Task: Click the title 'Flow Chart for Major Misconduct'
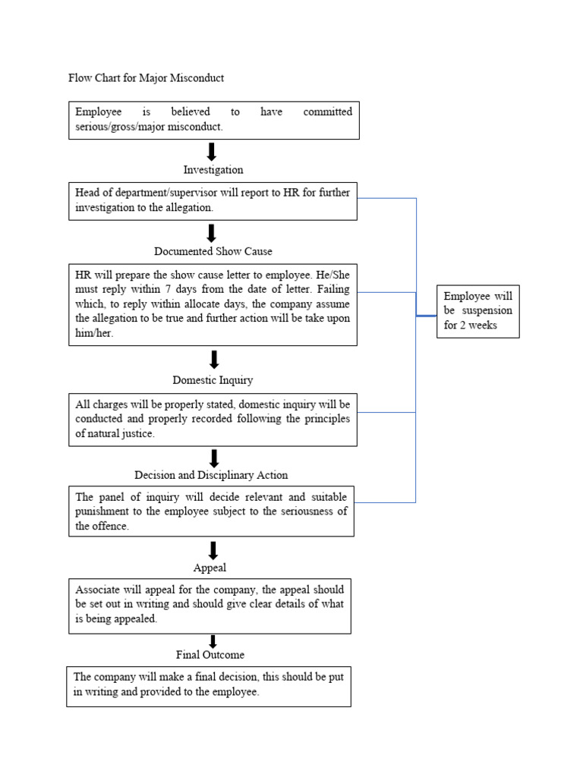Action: pyautogui.click(x=146, y=78)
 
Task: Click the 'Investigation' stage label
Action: pyautogui.click(x=213, y=170)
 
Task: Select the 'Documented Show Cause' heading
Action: pyautogui.click(x=213, y=251)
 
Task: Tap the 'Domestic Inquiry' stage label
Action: pyautogui.click(x=213, y=380)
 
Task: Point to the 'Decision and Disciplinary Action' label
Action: pyautogui.click(x=211, y=475)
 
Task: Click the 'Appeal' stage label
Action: pyautogui.click(x=210, y=568)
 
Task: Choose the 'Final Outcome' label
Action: pyautogui.click(x=210, y=654)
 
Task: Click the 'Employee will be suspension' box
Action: pyautogui.click(x=477, y=311)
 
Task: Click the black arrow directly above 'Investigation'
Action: pyautogui.click(x=213, y=152)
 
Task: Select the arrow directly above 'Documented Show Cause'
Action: pyautogui.click(x=213, y=233)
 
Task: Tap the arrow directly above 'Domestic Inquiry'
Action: pyautogui.click(x=214, y=360)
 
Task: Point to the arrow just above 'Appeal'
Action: pyautogui.click(x=213, y=550)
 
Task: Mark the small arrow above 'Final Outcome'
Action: pyautogui.click(x=213, y=641)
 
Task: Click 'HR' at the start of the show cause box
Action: pyautogui.click(x=83, y=274)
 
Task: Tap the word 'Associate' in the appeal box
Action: pyautogui.click(x=96, y=590)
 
